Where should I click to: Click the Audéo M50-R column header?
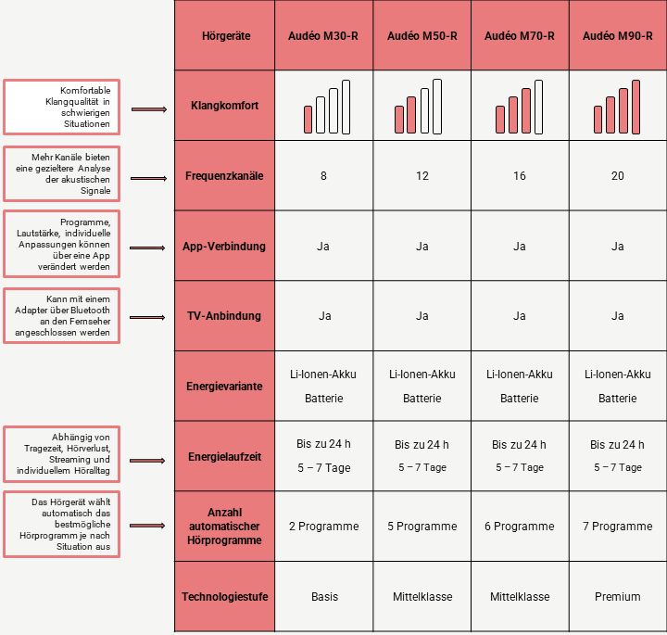[422, 36]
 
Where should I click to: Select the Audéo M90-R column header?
[617, 36]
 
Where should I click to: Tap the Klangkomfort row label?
[224, 106]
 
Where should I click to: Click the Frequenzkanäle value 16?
[519, 176]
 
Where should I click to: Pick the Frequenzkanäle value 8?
[323, 176]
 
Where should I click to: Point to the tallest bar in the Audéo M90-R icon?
[636, 106]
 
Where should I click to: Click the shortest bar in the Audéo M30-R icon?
[308, 119]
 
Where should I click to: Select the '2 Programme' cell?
[323, 527]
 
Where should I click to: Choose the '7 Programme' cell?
[617, 527]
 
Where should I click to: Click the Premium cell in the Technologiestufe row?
[617, 597]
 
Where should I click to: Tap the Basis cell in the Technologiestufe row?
[323, 597]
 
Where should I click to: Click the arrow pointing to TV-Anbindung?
[148, 317]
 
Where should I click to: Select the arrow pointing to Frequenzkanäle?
[148, 176]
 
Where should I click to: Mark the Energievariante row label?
[224, 386]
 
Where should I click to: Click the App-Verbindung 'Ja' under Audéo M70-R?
[519, 247]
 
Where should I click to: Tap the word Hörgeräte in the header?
[224, 36]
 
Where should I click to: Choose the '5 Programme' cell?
[422, 527]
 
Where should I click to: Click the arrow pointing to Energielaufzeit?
[148, 458]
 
